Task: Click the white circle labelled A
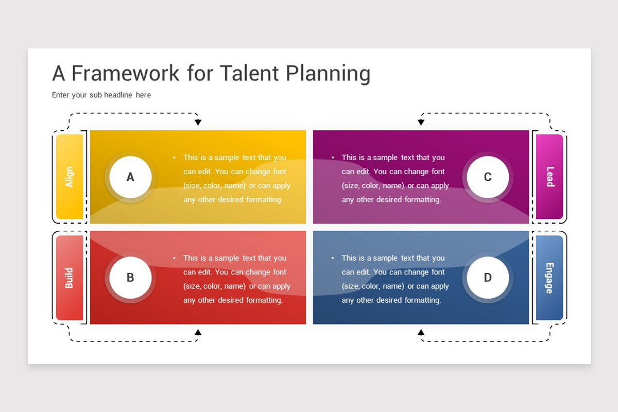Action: click(130, 177)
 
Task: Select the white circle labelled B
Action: click(130, 278)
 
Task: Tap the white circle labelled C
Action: click(488, 177)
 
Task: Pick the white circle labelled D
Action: click(488, 278)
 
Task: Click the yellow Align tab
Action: click(70, 177)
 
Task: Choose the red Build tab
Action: click(70, 278)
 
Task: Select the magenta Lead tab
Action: click(550, 177)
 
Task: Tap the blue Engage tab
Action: click(550, 278)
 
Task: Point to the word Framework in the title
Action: click(126, 73)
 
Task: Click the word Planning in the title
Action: click(328, 74)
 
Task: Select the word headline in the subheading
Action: click(118, 95)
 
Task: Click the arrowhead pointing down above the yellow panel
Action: click(198, 122)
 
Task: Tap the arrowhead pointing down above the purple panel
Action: click(421, 122)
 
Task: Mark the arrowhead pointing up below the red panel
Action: click(198, 332)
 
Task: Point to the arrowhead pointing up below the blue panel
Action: click(421, 332)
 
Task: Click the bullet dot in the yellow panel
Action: click(175, 158)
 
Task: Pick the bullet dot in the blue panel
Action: click(333, 258)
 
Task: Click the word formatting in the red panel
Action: click(264, 300)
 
